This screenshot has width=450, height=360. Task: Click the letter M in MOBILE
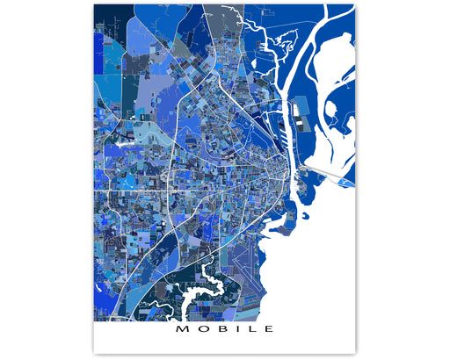181,330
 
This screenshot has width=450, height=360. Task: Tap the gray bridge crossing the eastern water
330,169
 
